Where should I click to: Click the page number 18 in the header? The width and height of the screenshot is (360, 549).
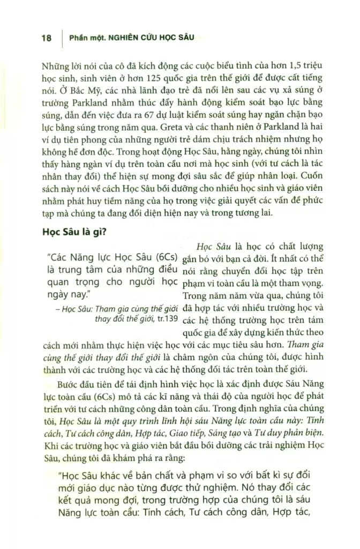click(46, 39)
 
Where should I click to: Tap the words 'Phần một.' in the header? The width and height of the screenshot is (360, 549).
click(86, 39)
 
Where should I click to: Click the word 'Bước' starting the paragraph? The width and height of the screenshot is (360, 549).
click(69, 384)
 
